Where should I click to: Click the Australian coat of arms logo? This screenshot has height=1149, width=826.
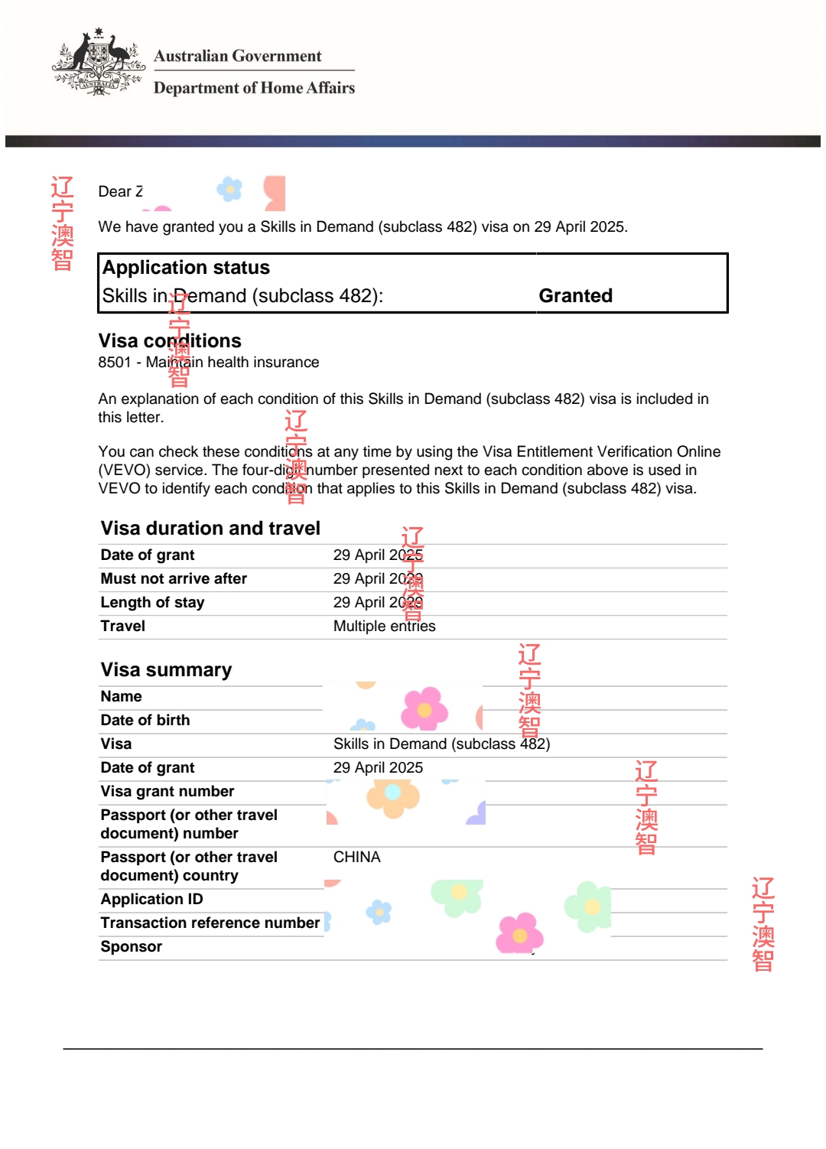pyautogui.click(x=99, y=63)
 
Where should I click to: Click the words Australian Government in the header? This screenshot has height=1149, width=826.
pyautogui.click(x=237, y=56)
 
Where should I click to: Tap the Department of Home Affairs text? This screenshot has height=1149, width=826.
pyautogui.click(x=254, y=88)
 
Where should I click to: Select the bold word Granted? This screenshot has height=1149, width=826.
pyautogui.click(x=575, y=296)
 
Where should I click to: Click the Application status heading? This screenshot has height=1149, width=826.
pyautogui.click(x=186, y=268)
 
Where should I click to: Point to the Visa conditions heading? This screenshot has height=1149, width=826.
pyautogui.click(x=169, y=340)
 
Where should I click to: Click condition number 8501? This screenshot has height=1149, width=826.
pyautogui.click(x=115, y=362)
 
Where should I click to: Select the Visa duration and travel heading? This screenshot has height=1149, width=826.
pyautogui.click(x=210, y=529)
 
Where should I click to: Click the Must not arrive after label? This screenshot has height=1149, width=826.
pyautogui.click(x=174, y=579)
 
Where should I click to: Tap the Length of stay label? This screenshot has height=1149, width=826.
pyautogui.click(x=152, y=603)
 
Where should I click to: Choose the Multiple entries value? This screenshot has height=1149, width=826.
pyautogui.click(x=384, y=627)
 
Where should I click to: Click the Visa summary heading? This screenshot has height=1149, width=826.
pyautogui.click(x=166, y=670)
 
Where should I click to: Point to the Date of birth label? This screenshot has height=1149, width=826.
pyautogui.click(x=145, y=721)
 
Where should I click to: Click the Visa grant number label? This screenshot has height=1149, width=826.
pyautogui.click(x=167, y=792)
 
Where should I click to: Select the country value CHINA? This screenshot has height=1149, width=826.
pyautogui.click(x=356, y=858)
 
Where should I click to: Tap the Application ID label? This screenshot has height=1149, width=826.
pyautogui.click(x=151, y=900)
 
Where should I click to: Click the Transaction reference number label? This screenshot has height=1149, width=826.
pyautogui.click(x=210, y=923)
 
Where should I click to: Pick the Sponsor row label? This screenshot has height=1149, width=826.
pyautogui.click(x=131, y=947)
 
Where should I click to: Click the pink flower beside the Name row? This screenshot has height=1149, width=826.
pyautogui.click(x=424, y=708)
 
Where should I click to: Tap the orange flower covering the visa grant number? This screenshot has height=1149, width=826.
pyautogui.click(x=393, y=796)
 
